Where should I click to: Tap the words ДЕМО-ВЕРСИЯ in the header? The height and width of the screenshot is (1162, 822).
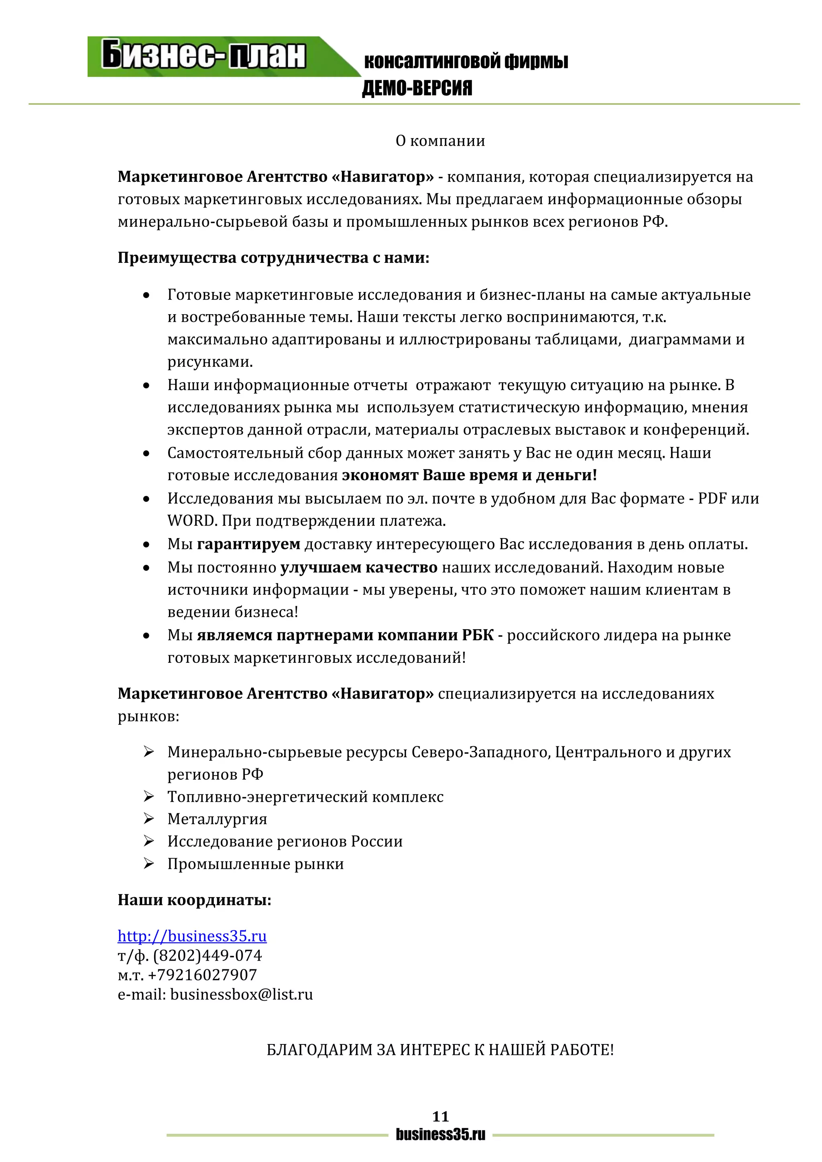pos(417,88)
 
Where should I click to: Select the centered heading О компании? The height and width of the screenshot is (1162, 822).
pos(440,141)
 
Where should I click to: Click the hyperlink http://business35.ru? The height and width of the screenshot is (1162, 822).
pos(192,936)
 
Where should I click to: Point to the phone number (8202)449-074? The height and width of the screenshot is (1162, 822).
pos(208,955)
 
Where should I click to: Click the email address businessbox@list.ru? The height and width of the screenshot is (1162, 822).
pos(242,995)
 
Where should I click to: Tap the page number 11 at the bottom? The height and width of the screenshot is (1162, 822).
pos(440,1116)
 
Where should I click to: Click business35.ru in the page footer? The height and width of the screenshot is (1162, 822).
pos(440,1135)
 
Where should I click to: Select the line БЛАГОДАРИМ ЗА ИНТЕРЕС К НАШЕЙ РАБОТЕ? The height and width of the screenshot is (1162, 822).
pos(440,1050)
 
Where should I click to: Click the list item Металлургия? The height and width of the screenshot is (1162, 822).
pos(217,819)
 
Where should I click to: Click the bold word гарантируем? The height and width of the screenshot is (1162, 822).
pos(248,544)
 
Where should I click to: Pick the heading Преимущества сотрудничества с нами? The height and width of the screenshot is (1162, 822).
pos(273,258)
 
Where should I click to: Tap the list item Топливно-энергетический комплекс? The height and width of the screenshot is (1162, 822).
pos(305,796)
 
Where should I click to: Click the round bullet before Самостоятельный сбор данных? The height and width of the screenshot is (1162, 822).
pos(146,453)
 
